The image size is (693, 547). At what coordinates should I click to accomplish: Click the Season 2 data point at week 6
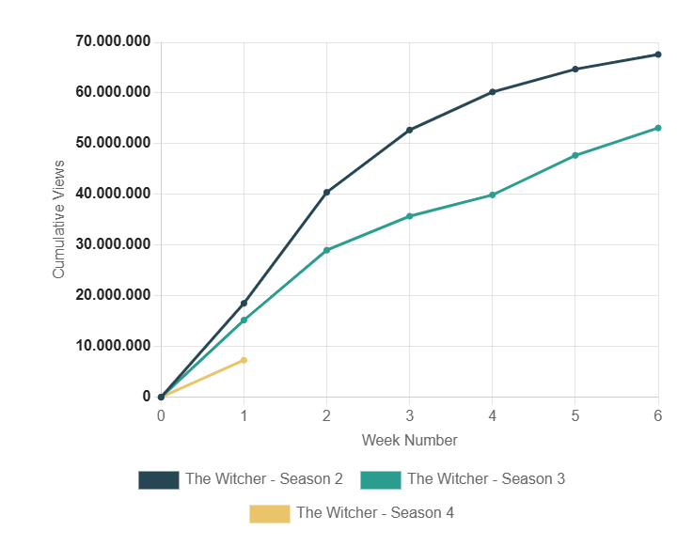658,55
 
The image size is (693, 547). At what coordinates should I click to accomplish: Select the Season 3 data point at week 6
658,128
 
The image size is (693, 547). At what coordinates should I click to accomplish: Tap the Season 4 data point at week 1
244,360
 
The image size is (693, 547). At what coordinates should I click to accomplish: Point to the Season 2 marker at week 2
326,193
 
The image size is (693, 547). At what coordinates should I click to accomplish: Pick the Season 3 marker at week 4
492,195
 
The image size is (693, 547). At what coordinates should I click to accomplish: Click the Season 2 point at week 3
409,130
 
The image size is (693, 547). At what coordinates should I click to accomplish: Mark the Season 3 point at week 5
575,155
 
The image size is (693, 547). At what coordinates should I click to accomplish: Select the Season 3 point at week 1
244,320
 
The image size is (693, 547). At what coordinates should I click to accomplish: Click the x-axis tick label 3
409,415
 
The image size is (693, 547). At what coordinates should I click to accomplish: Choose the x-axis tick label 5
575,415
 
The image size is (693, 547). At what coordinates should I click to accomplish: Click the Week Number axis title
409,440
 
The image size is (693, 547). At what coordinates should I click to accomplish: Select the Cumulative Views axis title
59,219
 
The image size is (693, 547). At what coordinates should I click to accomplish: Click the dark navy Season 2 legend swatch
158,479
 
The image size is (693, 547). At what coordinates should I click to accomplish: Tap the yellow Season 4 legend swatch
269,513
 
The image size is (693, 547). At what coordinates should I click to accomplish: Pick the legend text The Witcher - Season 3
485,479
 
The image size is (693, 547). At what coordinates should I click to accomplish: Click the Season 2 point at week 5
575,69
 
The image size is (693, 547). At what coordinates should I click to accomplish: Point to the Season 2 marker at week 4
492,92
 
